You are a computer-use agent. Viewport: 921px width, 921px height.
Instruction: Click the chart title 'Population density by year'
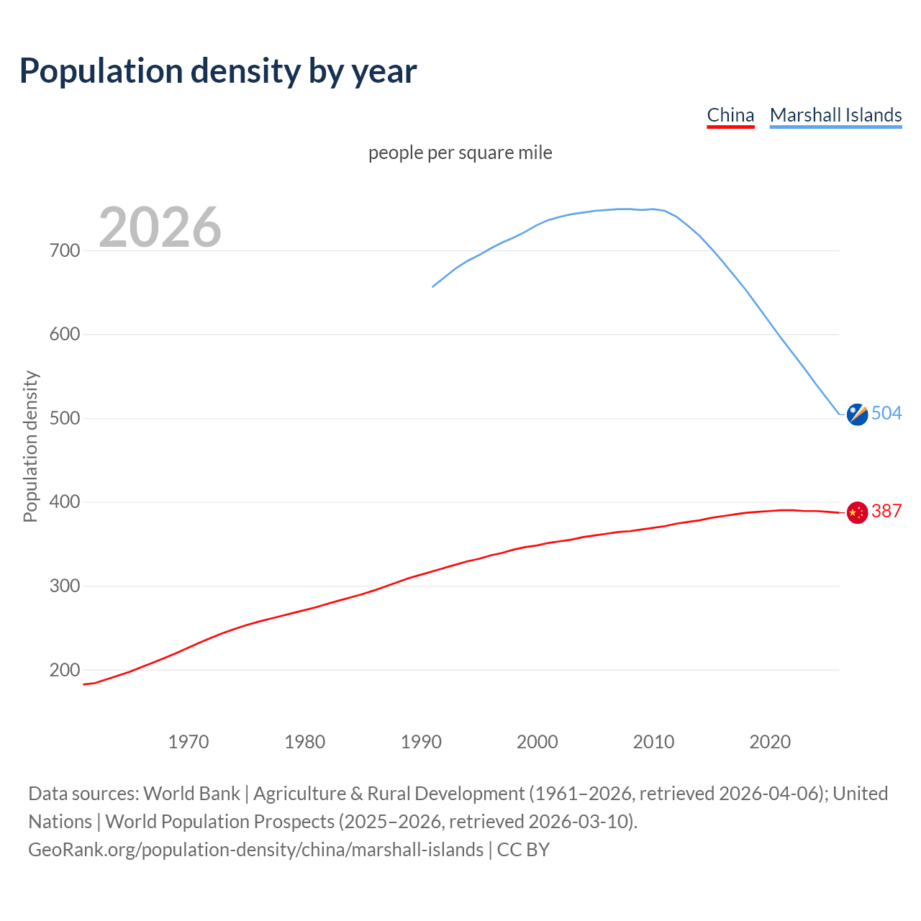(x=218, y=71)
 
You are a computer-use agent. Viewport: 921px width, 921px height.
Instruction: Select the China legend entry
(x=730, y=115)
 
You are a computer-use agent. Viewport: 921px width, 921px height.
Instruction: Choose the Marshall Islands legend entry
(x=835, y=115)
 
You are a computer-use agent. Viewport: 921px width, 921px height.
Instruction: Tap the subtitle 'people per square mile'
(x=460, y=153)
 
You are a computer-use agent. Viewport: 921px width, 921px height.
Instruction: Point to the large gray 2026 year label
(x=160, y=227)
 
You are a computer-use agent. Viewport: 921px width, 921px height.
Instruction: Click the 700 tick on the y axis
(x=65, y=250)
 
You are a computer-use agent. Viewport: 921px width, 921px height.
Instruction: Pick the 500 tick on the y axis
(x=65, y=418)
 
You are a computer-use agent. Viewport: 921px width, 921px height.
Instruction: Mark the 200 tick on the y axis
(x=65, y=670)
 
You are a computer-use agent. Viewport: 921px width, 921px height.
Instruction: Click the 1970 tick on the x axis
(x=189, y=742)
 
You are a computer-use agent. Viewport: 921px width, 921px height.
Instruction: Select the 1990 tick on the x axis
(x=421, y=742)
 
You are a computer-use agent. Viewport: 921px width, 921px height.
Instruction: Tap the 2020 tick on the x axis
(x=770, y=742)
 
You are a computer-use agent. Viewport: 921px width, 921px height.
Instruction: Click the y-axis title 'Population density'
(x=30, y=446)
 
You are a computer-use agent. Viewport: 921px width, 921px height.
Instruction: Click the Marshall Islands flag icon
(x=857, y=414)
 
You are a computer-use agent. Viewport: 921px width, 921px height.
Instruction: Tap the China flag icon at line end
(x=857, y=512)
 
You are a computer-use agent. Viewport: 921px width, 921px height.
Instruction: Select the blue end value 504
(x=886, y=413)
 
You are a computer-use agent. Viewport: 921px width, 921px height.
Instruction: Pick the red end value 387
(x=886, y=511)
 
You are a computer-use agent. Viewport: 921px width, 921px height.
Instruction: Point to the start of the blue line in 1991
(x=433, y=286)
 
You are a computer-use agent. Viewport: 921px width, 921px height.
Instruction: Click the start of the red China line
(x=84, y=684)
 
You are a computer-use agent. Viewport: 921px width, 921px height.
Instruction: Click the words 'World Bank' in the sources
(x=191, y=793)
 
